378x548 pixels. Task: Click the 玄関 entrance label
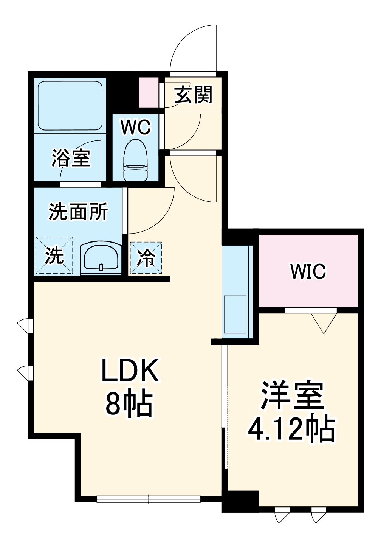pyautogui.click(x=194, y=94)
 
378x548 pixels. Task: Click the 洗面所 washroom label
pyautogui.click(x=78, y=212)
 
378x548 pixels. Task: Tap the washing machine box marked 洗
pyautogui.click(x=54, y=255)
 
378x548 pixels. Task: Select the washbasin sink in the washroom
pyautogui.click(x=101, y=258)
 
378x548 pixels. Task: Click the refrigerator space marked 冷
pyautogui.click(x=146, y=258)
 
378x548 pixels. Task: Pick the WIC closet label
pyautogui.click(x=308, y=271)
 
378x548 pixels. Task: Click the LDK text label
pyautogui.click(x=129, y=371)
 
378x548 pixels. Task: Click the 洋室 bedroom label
pyautogui.click(x=292, y=395)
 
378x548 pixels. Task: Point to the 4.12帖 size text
pyautogui.click(x=292, y=430)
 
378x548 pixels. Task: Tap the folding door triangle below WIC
pyautogui.click(x=324, y=322)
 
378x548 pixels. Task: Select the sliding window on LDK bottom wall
pyautogui.click(x=149, y=499)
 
